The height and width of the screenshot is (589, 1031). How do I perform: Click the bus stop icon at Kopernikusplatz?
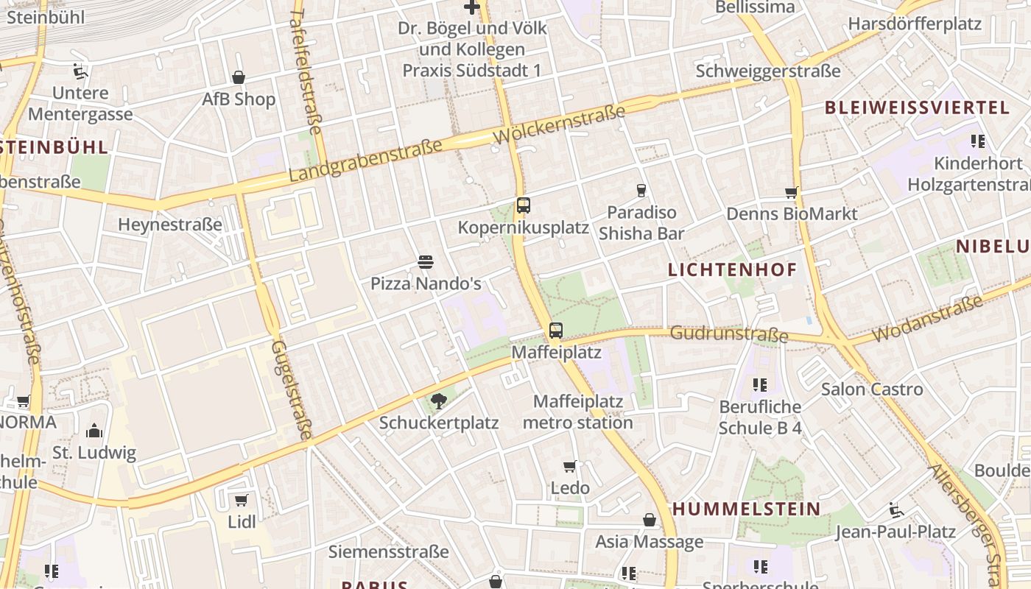(524, 205)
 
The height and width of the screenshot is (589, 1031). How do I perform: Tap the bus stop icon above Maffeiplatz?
(556, 331)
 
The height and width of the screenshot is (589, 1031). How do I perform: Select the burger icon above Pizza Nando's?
(425, 261)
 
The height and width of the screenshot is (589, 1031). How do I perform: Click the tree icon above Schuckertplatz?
(439, 401)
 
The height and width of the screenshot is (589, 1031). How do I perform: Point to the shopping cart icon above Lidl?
(241, 501)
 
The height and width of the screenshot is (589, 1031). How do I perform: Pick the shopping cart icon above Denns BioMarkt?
(792, 193)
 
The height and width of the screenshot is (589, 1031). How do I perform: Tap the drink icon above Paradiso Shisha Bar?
(641, 191)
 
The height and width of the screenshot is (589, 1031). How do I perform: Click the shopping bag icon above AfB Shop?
(239, 77)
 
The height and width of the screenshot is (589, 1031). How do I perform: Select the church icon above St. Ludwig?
(94, 431)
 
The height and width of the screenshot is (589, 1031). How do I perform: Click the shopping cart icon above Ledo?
(570, 466)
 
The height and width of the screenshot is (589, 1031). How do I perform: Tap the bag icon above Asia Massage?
(650, 521)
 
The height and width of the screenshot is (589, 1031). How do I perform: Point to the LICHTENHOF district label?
(732, 270)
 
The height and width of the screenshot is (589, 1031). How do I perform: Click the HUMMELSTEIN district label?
(746, 509)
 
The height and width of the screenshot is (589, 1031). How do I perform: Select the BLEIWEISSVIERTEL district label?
(917, 107)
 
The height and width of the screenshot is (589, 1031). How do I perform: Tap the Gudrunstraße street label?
(728, 335)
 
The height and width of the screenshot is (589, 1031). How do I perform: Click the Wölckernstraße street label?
(560, 124)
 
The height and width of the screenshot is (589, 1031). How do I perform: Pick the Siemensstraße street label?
(388, 551)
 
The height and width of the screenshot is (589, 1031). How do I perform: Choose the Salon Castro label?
(872, 389)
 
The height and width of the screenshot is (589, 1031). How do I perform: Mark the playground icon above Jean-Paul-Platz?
(896, 510)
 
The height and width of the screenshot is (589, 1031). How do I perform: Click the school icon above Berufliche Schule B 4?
(760, 384)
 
